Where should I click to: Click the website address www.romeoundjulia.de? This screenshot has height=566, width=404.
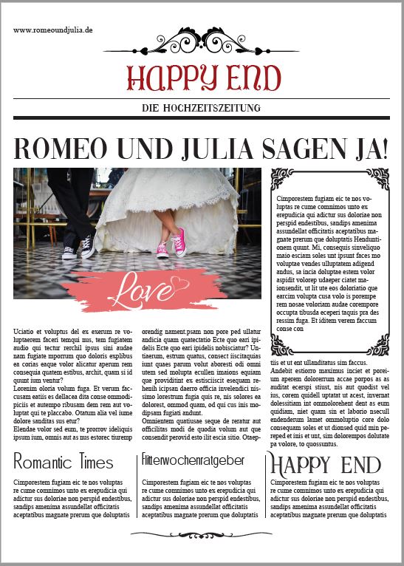(52, 30)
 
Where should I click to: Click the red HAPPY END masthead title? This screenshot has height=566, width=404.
(203, 78)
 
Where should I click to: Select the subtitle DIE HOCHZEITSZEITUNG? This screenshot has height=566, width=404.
(202, 109)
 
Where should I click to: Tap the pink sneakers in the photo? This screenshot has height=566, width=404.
(172, 243)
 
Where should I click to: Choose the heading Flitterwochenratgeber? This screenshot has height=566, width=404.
(193, 460)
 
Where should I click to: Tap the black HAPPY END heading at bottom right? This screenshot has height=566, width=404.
(325, 464)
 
